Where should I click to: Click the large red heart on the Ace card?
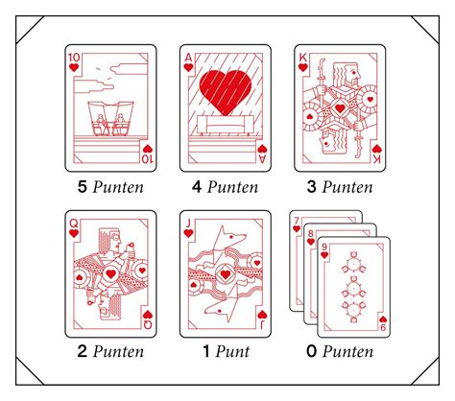coord(226,92)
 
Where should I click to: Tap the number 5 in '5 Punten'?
coord(83,186)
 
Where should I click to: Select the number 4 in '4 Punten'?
coord(197,186)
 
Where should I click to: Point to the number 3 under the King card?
coord(311,186)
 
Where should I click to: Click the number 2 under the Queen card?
coord(83,351)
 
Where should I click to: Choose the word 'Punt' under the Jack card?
coord(232,351)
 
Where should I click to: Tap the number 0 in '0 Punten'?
coord(311,351)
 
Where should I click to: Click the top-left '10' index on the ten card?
coord(74,58)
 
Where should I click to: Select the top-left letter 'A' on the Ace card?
coord(188,58)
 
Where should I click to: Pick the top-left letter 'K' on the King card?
coord(302,58)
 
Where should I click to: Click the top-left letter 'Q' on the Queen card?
coord(74,224)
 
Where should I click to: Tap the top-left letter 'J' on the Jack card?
coord(188,224)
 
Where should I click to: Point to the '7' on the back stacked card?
coord(297,221)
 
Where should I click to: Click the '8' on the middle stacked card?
coord(311,234)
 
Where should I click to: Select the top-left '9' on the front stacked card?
coord(324,248)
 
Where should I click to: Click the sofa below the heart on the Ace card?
coord(226,125)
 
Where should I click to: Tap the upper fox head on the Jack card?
coord(231,238)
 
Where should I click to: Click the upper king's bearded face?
coord(353,74)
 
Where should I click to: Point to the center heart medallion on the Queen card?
coord(110,274)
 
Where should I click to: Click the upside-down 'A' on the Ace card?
coord(262,158)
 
